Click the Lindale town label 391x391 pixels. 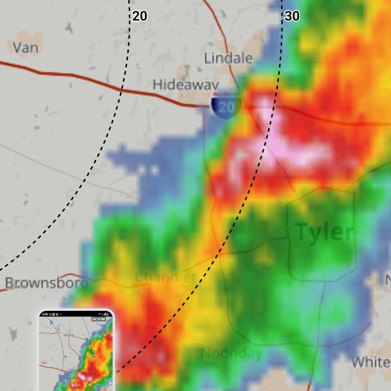point(228,59)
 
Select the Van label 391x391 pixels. point(25,47)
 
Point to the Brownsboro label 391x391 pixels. point(46,283)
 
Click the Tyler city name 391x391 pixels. point(324,233)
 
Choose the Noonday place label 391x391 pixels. point(232,353)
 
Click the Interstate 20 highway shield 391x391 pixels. point(226,107)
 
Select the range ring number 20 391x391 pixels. point(139,16)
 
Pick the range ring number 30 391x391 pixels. point(292,16)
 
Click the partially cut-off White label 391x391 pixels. point(370,362)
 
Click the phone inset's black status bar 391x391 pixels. point(76,313)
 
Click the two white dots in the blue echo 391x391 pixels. point(148,171)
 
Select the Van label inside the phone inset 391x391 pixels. point(44,363)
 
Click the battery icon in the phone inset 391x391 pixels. point(109,313)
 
